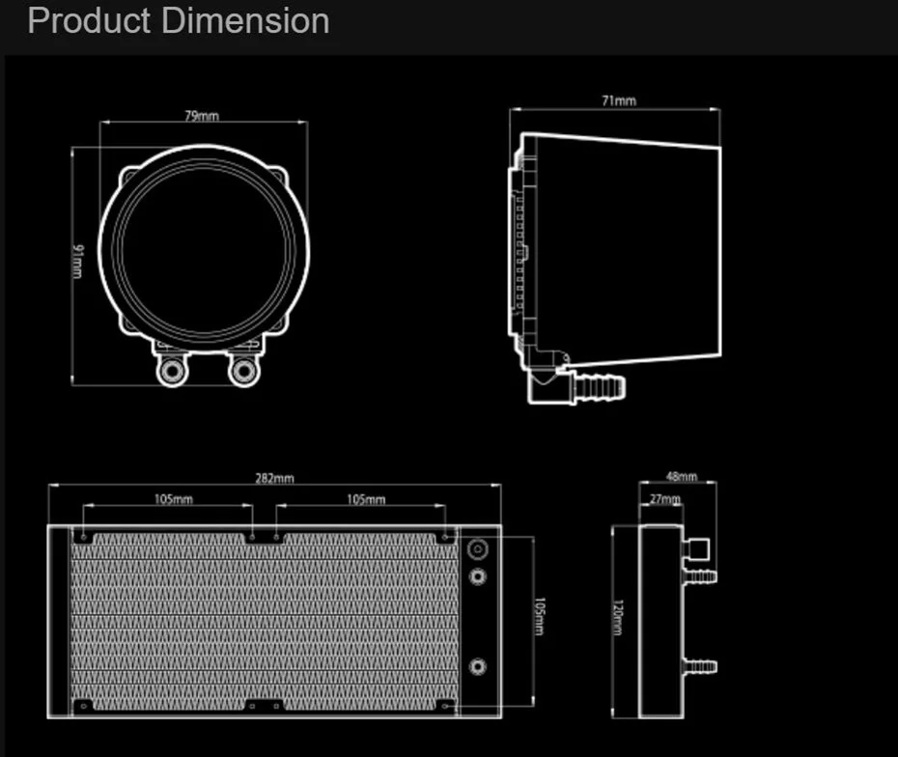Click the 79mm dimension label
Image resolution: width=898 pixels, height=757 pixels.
(202, 116)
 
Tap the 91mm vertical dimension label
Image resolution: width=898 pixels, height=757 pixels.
(77, 261)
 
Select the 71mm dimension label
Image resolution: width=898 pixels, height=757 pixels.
(619, 100)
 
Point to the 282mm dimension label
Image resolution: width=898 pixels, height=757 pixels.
(275, 478)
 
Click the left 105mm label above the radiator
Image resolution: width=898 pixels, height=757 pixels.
(174, 499)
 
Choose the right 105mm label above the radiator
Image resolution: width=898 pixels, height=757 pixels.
(366, 499)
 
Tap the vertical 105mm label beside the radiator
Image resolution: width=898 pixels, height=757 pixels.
(540, 616)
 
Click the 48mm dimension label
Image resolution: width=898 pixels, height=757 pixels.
(682, 476)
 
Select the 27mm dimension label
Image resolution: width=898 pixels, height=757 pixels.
(665, 499)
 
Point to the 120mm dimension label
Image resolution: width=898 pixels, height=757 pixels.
(617, 618)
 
